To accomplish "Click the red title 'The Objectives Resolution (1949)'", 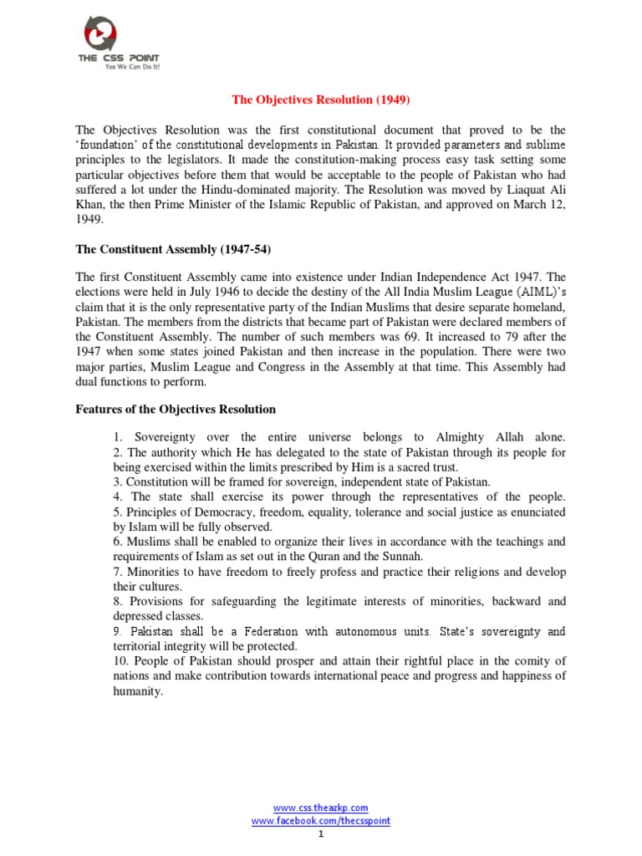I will (321, 99).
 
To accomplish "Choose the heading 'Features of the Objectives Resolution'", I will (176, 410).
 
